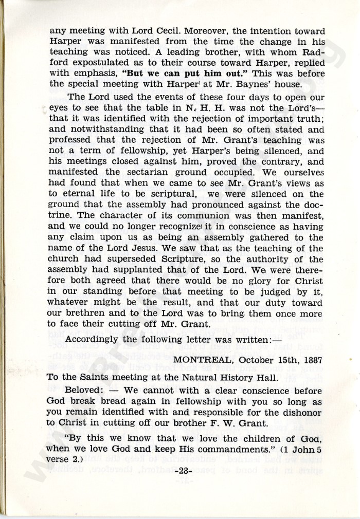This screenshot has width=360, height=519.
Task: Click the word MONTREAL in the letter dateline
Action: pos(197,360)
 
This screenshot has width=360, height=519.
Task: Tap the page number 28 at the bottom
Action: pos(183,471)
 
